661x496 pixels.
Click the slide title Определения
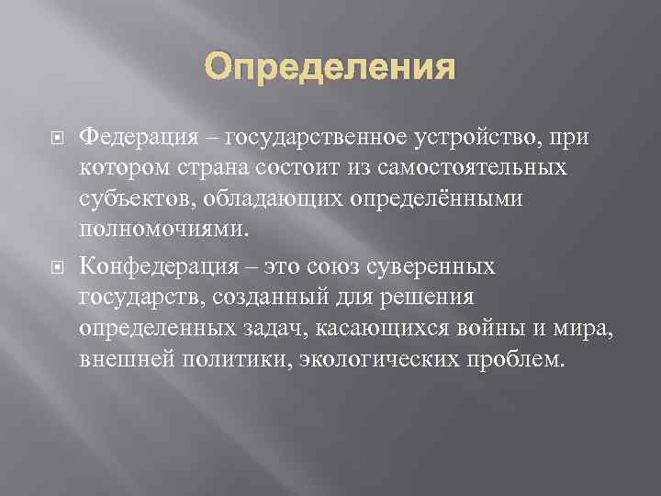(330, 67)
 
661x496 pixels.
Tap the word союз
(341, 265)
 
